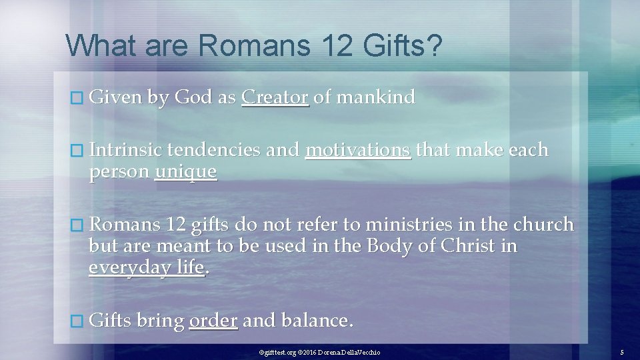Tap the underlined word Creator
[275, 98]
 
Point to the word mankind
[376, 98]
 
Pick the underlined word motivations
[358, 150]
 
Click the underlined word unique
[185, 172]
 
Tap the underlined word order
[213, 321]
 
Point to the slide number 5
[621, 352]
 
